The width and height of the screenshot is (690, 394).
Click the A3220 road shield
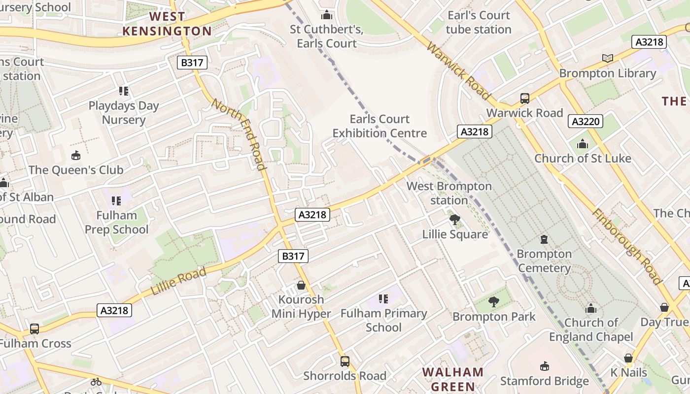click(x=586, y=121)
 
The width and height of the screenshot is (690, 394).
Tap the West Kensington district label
click(x=167, y=24)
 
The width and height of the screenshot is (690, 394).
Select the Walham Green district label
click(x=453, y=379)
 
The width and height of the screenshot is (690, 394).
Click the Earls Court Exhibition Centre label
click(x=379, y=126)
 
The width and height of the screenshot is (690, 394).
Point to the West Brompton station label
click(x=449, y=193)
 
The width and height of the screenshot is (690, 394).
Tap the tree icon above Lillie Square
click(x=455, y=220)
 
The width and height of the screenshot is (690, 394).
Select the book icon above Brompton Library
click(x=608, y=59)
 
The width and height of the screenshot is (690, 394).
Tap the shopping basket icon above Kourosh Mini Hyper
click(x=301, y=285)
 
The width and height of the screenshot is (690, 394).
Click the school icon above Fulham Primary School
click(x=383, y=299)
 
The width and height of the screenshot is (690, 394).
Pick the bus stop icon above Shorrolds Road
click(x=345, y=361)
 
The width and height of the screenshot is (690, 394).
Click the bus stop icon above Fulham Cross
click(x=34, y=328)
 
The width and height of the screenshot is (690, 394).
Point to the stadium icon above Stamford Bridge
click(x=545, y=366)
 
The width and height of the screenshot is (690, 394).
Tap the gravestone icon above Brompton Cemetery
click(x=544, y=240)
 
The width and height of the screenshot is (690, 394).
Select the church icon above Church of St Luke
click(x=583, y=144)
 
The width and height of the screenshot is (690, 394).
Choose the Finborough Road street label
click(x=626, y=247)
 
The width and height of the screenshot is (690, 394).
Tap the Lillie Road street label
click(x=178, y=282)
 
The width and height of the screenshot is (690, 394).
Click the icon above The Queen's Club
click(x=76, y=156)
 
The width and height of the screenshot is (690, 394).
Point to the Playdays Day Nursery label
click(x=124, y=113)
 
